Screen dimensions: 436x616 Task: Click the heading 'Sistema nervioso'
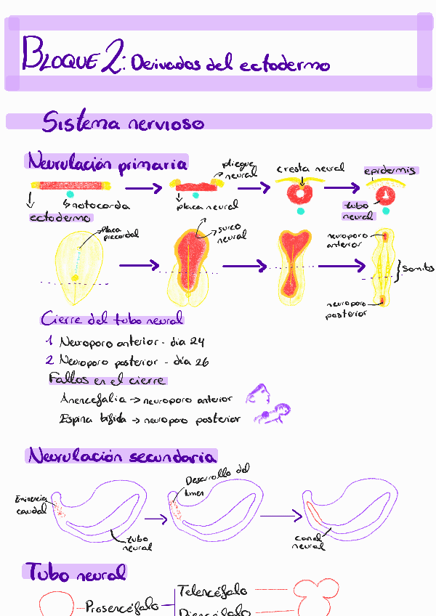pos(123,121)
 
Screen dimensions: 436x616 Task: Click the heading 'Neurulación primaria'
pos(107,161)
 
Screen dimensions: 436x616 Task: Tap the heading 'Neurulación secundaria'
pos(122,457)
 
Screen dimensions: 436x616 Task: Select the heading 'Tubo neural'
pos(76,573)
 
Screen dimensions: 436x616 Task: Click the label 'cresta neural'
pos(310,169)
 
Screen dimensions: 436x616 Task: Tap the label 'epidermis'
pos(391,171)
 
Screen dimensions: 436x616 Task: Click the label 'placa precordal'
pos(121,232)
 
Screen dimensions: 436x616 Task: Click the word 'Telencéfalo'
pos(213,590)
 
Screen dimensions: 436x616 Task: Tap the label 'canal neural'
pos(309,542)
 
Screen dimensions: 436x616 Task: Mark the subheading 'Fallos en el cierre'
pos(106,380)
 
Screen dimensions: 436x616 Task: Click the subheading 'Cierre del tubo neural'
pos(112,320)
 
